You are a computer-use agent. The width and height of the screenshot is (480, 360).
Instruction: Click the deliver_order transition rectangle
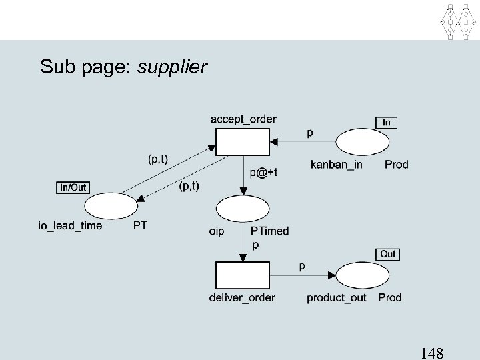pos(243,276)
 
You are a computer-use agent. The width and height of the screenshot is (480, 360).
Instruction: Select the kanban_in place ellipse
pos(362,142)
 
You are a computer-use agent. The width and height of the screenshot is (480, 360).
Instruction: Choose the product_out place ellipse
pos(362,275)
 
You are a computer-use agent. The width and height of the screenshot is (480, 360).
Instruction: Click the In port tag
pos(387,122)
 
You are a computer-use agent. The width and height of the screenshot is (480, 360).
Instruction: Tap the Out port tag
pos(388,254)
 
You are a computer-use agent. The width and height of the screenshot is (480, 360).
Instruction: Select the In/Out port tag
pos(73,187)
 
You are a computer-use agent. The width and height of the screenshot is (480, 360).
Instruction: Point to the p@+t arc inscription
pos(263,172)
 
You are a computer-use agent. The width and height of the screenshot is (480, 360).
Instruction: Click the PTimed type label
pos(270,231)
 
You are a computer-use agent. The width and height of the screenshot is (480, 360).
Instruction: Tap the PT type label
pos(140,225)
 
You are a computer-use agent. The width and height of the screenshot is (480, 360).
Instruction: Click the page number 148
pos(433,352)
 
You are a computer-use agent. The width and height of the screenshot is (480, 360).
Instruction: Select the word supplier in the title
pos(172,67)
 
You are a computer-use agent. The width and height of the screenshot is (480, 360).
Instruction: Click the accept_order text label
pos(243,119)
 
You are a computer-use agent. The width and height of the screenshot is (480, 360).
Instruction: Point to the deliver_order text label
pos(243,297)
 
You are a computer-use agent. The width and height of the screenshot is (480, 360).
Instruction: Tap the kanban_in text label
pos(337,164)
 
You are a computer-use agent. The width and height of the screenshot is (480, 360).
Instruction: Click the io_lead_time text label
pos(70,225)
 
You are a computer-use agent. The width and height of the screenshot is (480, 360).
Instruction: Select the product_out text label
pos(337,297)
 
